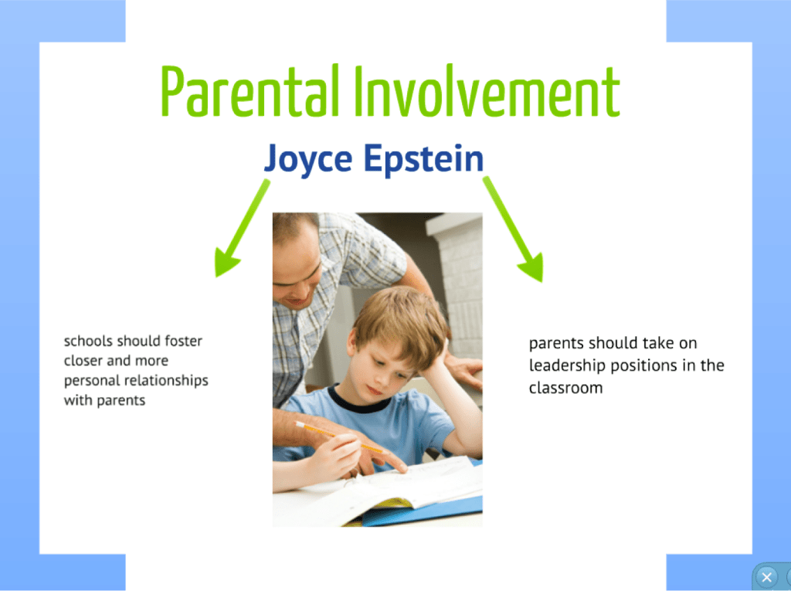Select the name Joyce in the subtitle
tap(308, 159)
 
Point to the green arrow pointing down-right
tap(515, 230)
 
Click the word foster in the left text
tap(183, 341)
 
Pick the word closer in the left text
tap(84, 361)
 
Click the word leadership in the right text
tap(564, 365)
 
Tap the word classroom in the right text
tap(565, 388)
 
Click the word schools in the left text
tap(88, 341)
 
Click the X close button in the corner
tap(766, 577)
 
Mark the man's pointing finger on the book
tap(398, 467)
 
